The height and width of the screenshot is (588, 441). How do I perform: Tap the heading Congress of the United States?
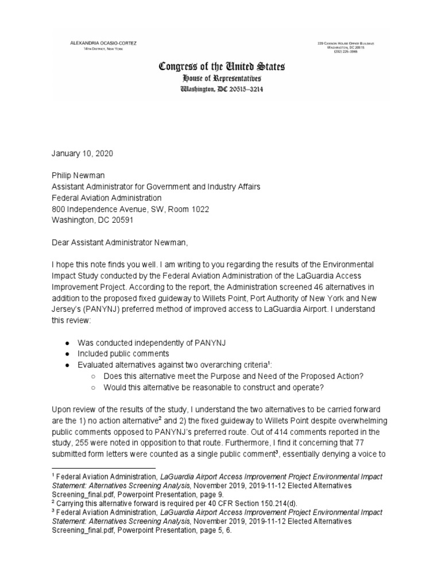221,67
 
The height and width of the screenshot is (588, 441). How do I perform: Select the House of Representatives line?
221,79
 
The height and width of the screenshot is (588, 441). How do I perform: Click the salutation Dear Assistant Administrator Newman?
119,243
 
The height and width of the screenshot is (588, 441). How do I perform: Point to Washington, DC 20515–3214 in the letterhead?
222,89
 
